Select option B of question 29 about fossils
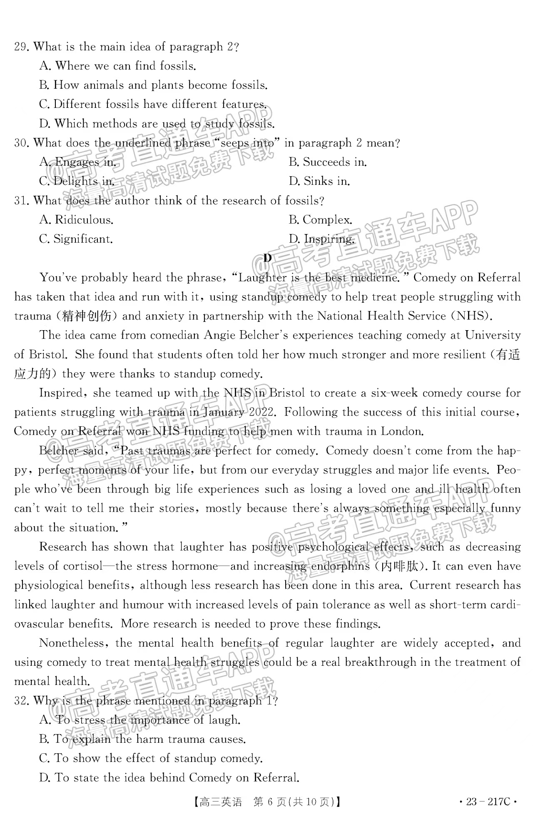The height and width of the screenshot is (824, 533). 153,85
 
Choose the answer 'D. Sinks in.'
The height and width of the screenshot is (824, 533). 319,182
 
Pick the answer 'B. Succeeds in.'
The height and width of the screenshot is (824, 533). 328,162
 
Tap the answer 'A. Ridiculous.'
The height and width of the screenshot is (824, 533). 76,220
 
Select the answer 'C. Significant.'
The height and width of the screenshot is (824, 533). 76,239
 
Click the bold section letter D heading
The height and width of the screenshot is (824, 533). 267,258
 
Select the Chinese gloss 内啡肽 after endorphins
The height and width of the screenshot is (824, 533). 406,566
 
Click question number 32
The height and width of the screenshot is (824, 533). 21,701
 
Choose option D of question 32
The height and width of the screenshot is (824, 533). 169,778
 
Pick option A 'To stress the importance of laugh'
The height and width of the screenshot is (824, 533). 140,720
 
